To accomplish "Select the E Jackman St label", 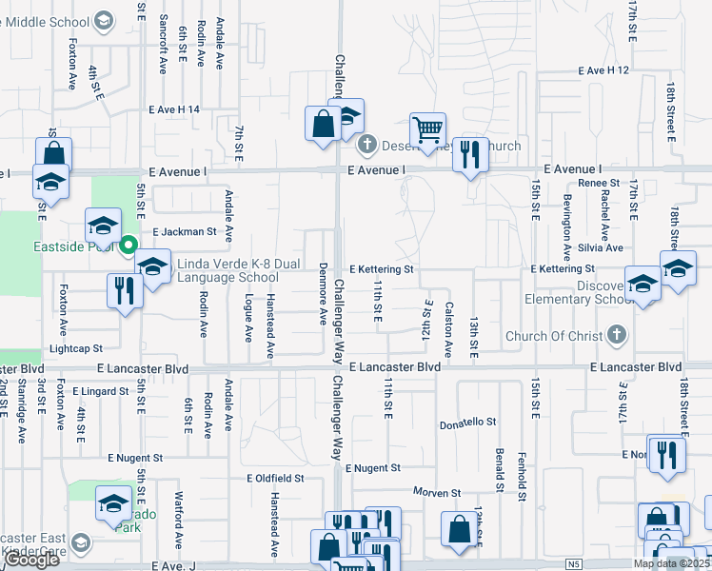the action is (x=185, y=231).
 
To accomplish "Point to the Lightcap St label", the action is (x=75, y=349).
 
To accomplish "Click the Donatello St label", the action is (x=467, y=422).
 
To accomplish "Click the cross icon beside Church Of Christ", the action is (x=617, y=335).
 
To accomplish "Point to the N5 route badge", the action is (x=573, y=564).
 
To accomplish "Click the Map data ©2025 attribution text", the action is (x=671, y=564).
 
